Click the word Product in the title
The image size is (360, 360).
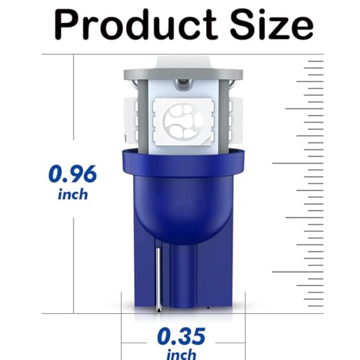[x=135, y=25]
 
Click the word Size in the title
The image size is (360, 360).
[x=271, y=24]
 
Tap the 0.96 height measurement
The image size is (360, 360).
[x=73, y=174]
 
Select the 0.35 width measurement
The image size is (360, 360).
[x=181, y=336]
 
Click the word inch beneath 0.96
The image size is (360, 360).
[x=73, y=194]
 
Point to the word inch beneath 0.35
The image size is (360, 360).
[x=181, y=354]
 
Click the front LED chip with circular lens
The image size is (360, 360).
[x=183, y=122]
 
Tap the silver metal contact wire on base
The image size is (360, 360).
[x=158, y=279]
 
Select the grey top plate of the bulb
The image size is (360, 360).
[x=184, y=74]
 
